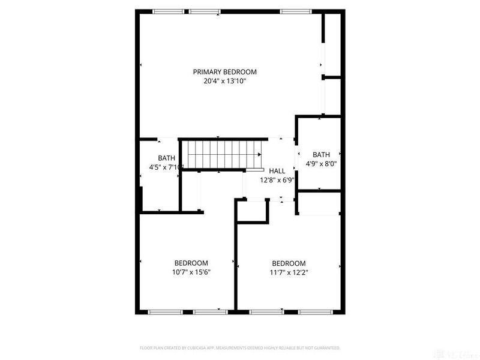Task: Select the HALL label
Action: (277, 171)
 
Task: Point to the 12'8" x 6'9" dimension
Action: (277, 179)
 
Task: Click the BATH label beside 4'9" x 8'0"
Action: (321, 154)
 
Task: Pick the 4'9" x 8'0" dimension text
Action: (321, 163)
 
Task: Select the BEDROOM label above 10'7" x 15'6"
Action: (191, 263)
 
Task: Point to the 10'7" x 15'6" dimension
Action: (191, 272)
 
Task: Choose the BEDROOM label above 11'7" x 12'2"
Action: (289, 263)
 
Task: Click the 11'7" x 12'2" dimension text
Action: (289, 272)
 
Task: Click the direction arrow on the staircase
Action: (259, 154)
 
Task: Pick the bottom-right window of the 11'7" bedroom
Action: (313, 311)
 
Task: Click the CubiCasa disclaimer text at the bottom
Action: (240, 347)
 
